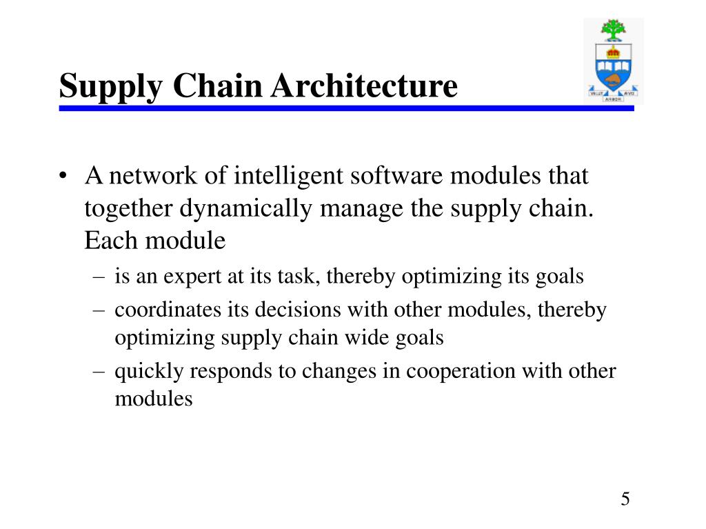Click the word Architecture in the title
[x=364, y=85]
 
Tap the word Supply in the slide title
[x=111, y=87]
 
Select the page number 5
[x=625, y=499]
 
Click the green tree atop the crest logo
[x=613, y=30]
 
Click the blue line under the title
[x=346, y=108]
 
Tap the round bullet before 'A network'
[x=63, y=175]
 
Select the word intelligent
[x=288, y=176]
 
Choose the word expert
[x=192, y=277]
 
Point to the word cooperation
[x=461, y=372]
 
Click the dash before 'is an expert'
[x=99, y=277]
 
